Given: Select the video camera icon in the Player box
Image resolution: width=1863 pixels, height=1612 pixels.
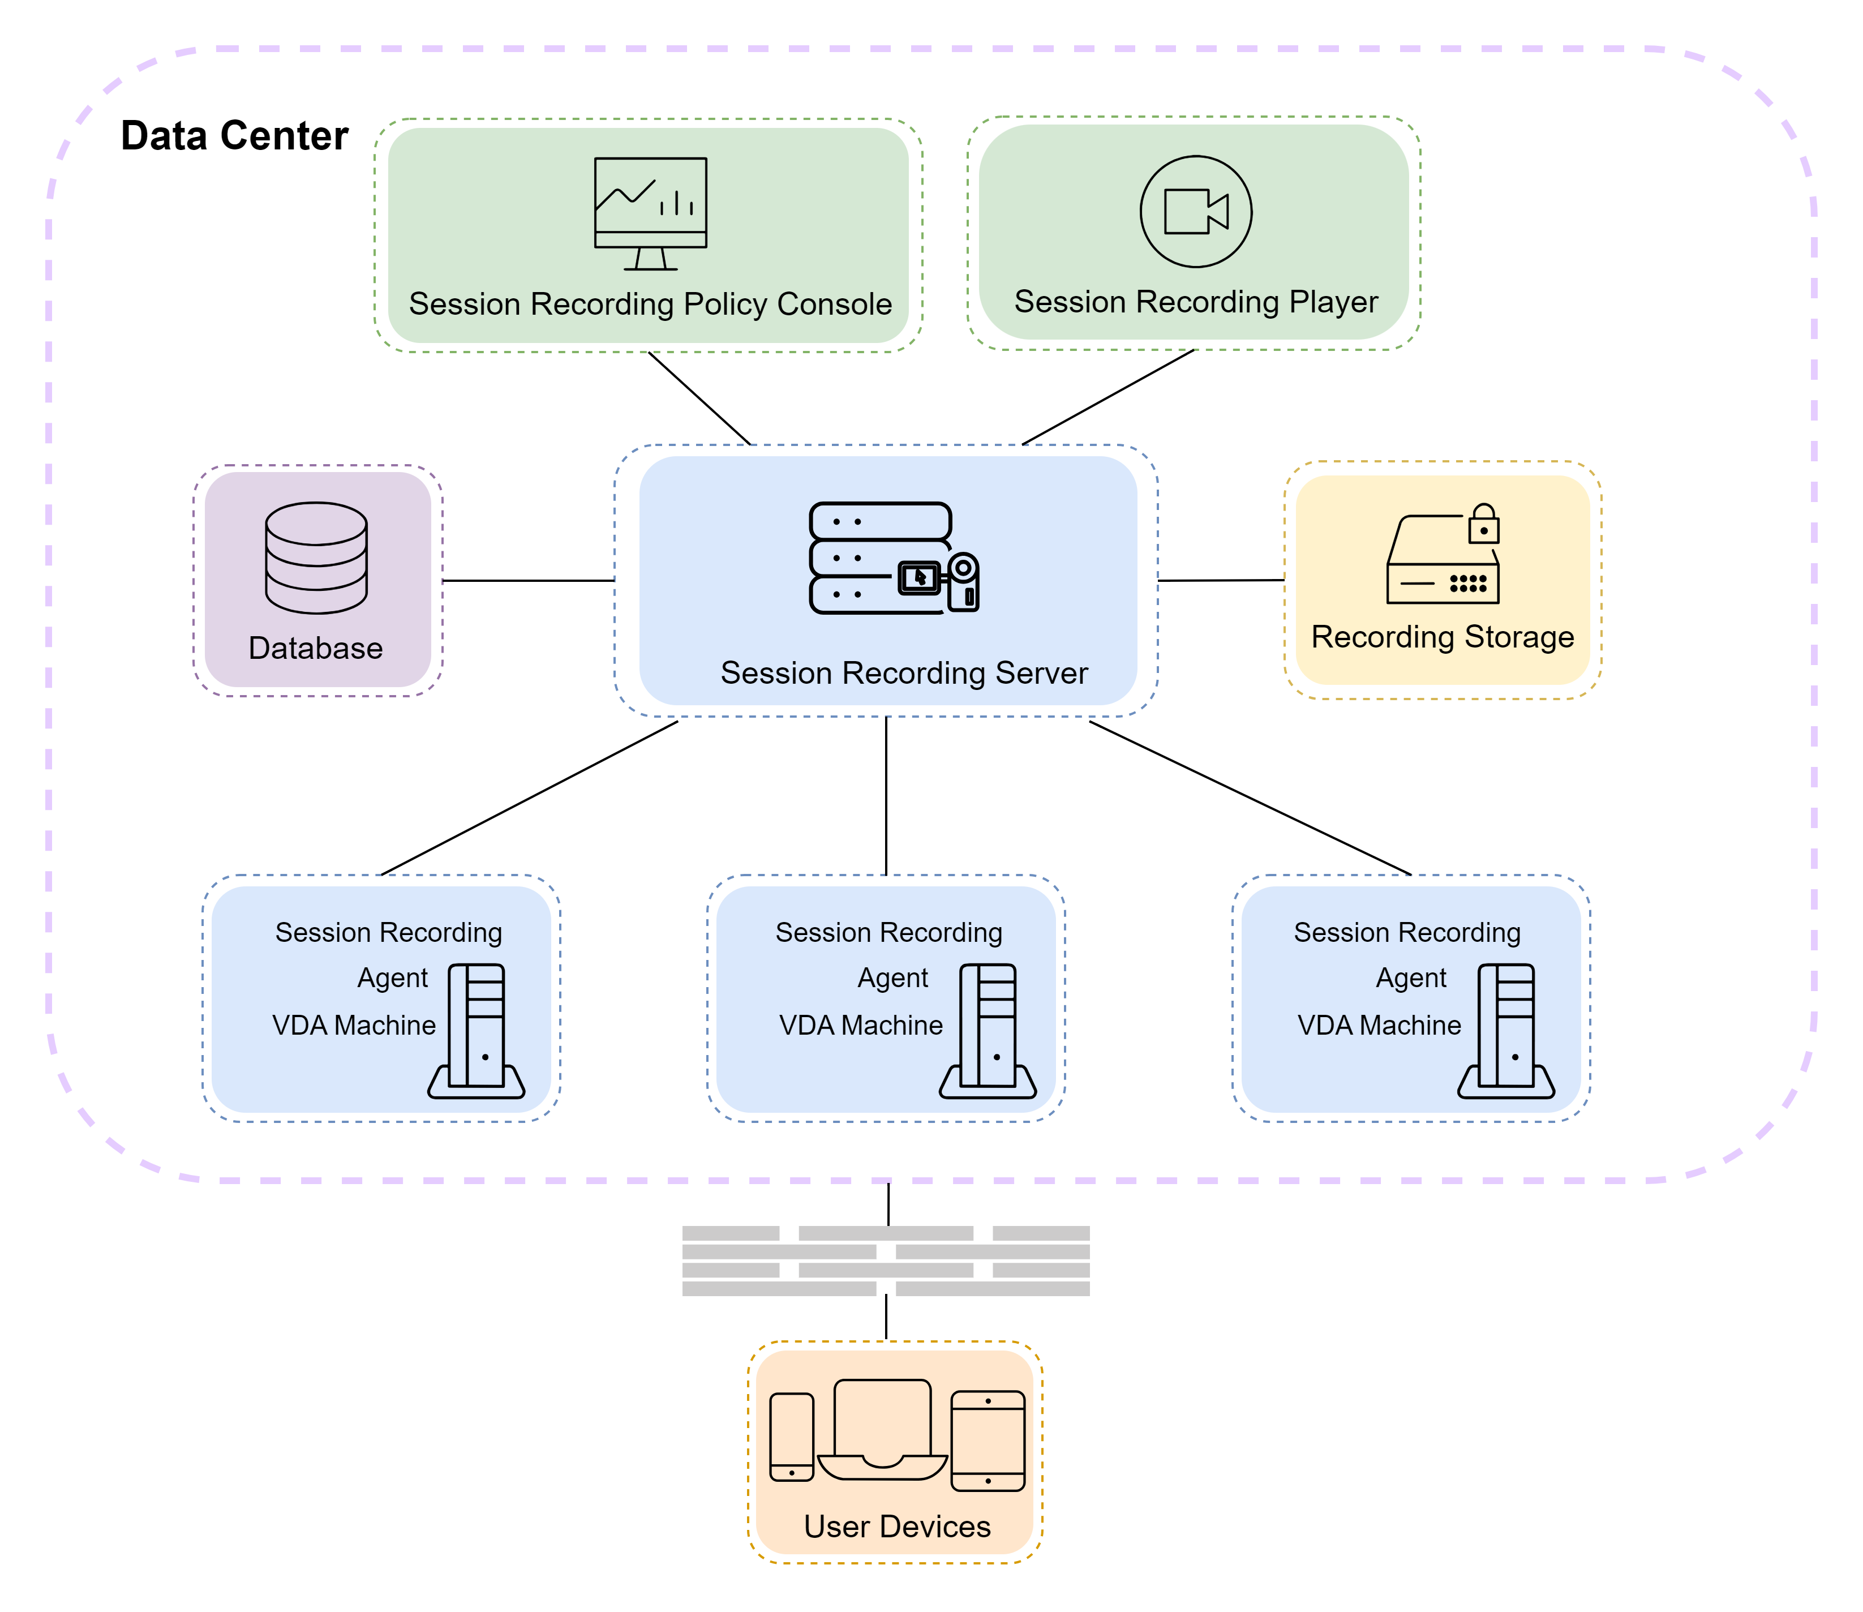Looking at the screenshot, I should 1196,211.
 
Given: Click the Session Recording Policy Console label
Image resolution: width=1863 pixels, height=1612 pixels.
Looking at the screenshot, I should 650,304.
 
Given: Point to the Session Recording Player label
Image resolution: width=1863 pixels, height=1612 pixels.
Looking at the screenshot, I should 1196,301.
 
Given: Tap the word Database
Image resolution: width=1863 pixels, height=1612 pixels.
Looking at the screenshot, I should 316,648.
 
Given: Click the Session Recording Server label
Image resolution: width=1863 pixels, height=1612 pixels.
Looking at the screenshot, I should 904,673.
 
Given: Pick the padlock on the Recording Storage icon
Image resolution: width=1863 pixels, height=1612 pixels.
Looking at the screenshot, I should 1483,525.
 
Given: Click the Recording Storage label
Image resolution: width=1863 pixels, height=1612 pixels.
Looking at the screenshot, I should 1442,637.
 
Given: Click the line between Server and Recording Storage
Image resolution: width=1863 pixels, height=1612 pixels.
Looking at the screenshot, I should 1221,580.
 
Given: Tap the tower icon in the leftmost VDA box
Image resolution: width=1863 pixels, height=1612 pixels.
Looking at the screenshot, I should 477,1031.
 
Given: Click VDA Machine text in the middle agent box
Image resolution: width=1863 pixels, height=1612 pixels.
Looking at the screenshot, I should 861,1026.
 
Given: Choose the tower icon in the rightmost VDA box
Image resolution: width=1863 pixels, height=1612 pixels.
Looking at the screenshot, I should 1507,1031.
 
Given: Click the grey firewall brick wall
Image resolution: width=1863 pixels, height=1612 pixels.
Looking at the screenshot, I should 886,1261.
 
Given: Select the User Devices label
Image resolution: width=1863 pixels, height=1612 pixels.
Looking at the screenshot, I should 897,1527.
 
